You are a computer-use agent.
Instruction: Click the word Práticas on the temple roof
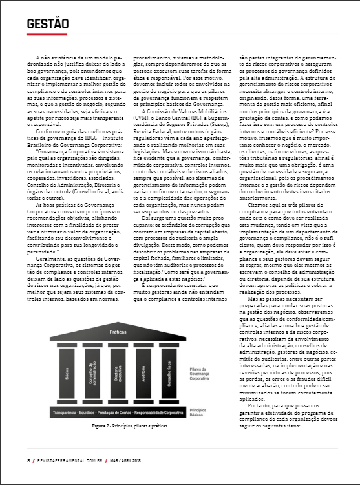click(x=118, y=331)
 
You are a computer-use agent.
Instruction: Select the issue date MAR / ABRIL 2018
click(x=127, y=460)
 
